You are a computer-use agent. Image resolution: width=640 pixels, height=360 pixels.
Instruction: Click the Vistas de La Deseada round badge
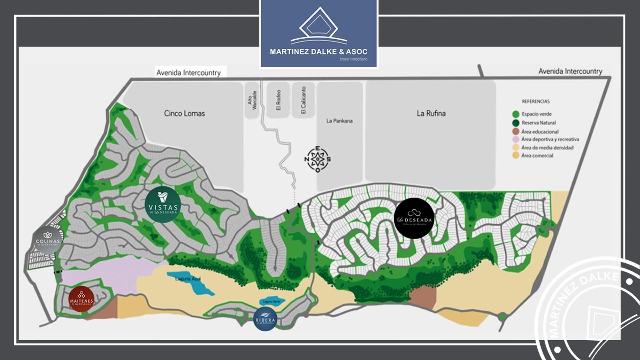coord(163,204)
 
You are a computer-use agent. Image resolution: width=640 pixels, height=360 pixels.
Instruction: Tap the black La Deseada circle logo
coord(414,218)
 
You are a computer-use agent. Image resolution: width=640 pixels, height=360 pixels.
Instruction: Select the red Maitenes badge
coord(81,299)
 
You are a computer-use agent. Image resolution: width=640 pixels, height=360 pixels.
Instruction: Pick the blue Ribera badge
coord(265,319)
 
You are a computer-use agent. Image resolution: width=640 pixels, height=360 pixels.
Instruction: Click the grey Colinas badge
coord(48,239)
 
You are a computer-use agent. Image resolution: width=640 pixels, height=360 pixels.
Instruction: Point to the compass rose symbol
coord(317,159)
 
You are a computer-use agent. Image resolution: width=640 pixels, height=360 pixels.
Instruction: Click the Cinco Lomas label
coord(184,113)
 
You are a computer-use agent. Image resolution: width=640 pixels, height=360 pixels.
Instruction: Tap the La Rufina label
coord(431,113)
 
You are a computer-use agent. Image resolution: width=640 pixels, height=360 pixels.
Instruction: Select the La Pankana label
coord(339,121)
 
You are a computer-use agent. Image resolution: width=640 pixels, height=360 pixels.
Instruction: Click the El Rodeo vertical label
coord(278,100)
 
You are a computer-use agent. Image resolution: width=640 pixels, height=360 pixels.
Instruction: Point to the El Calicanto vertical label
coord(303,100)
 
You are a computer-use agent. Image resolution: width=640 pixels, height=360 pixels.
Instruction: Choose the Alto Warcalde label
coord(252,100)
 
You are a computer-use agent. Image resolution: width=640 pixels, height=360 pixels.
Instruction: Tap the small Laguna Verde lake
coord(272,302)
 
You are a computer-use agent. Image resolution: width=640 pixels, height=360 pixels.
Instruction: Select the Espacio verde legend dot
coord(516,114)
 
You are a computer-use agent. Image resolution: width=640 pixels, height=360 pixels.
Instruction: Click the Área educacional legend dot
coord(516,131)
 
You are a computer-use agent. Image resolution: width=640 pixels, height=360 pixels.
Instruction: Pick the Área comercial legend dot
coord(516,155)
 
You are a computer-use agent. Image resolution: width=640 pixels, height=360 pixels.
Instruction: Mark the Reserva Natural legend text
coord(539,123)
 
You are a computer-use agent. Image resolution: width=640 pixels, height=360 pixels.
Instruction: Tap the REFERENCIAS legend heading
coord(536,101)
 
